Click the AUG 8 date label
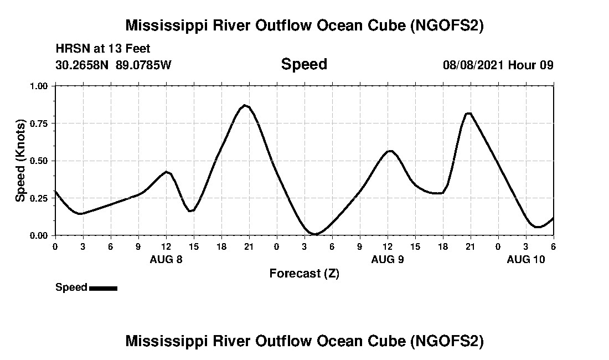(166, 259)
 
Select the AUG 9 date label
(388, 259)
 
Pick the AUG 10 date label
(527, 259)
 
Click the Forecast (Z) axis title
(304, 274)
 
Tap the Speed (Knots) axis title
(20, 161)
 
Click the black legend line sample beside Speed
(103, 288)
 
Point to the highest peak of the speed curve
(245, 105)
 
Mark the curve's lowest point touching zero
(314, 234)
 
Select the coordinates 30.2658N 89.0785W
(113, 65)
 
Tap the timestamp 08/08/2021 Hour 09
(498, 65)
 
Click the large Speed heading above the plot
(304, 64)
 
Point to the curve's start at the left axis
(55, 192)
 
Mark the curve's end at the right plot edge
(553, 218)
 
